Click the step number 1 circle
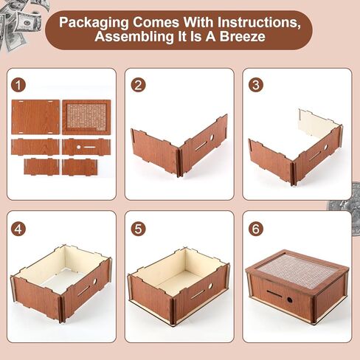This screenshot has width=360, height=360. [x=18, y=85]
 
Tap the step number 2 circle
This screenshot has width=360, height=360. [x=138, y=85]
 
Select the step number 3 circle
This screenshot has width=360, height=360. [x=256, y=85]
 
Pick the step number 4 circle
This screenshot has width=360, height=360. [x=18, y=229]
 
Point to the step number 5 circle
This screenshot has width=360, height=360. [x=138, y=229]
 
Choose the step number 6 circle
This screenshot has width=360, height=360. [x=256, y=229]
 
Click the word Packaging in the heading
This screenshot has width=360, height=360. [x=94, y=23]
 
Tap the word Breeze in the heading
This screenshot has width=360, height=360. [x=243, y=36]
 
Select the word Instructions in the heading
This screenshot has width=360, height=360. [x=259, y=22]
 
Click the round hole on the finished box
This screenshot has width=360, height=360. [x=290, y=300]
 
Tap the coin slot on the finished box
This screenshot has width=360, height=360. [x=276, y=293]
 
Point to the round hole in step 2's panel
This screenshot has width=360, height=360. [x=212, y=137]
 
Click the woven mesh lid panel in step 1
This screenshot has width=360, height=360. [x=86, y=117]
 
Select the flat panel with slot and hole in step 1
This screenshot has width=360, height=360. [x=86, y=147]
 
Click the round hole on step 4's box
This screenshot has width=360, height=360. [x=94, y=282]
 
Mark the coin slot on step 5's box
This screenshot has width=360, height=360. [x=198, y=294]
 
